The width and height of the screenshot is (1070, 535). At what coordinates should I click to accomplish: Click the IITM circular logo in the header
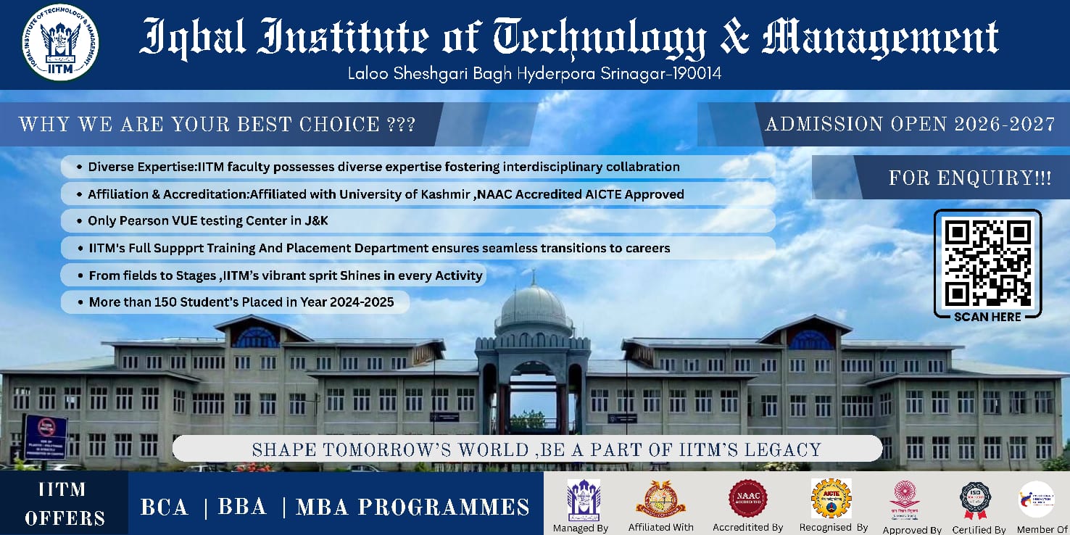point(62,43)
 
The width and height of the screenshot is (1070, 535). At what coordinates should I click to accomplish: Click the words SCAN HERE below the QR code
point(987,317)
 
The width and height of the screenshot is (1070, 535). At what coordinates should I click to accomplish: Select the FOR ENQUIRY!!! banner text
point(970,178)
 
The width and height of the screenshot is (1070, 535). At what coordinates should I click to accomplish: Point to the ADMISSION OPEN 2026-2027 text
point(910,124)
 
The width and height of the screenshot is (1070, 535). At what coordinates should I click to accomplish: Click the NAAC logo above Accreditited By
point(747,499)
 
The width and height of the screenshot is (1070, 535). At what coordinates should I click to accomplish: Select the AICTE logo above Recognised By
point(831,498)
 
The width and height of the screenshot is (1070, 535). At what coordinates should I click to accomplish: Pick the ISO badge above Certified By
point(976,500)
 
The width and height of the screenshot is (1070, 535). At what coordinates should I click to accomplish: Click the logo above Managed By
point(583,499)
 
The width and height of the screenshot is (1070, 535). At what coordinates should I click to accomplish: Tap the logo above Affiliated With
point(660,499)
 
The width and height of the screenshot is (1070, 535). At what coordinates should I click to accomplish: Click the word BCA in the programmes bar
point(165,507)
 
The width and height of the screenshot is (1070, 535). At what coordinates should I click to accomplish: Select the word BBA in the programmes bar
point(243,507)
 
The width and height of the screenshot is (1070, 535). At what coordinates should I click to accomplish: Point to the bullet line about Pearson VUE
point(208,220)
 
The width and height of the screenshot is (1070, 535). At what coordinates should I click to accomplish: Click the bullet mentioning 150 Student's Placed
point(241,302)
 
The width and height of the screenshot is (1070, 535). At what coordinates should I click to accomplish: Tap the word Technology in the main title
point(600,38)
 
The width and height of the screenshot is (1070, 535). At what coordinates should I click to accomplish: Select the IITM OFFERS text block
point(65,505)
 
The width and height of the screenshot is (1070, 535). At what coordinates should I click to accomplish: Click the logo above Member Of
point(1036,499)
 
